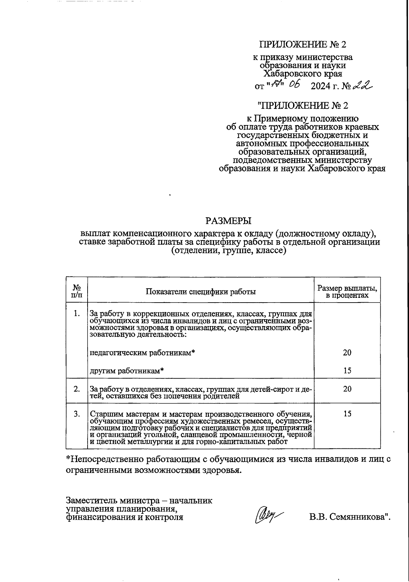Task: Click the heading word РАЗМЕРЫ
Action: [x=228, y=221]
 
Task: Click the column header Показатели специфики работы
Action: [x=201, y=292]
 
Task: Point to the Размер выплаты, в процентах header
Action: [x=347, y=292]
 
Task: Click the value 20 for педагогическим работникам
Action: [x=347, y=353]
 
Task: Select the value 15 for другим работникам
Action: [x=347, y=371]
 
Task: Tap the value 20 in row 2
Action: [x=347, y=389]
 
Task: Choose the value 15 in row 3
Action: [x=347, y=414]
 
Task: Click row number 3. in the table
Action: [x=77, y=414]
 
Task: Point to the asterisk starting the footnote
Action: [x=68, y=458]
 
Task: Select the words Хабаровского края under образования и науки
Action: [x=303, y=74]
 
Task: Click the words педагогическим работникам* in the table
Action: [x=142, y=353]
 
